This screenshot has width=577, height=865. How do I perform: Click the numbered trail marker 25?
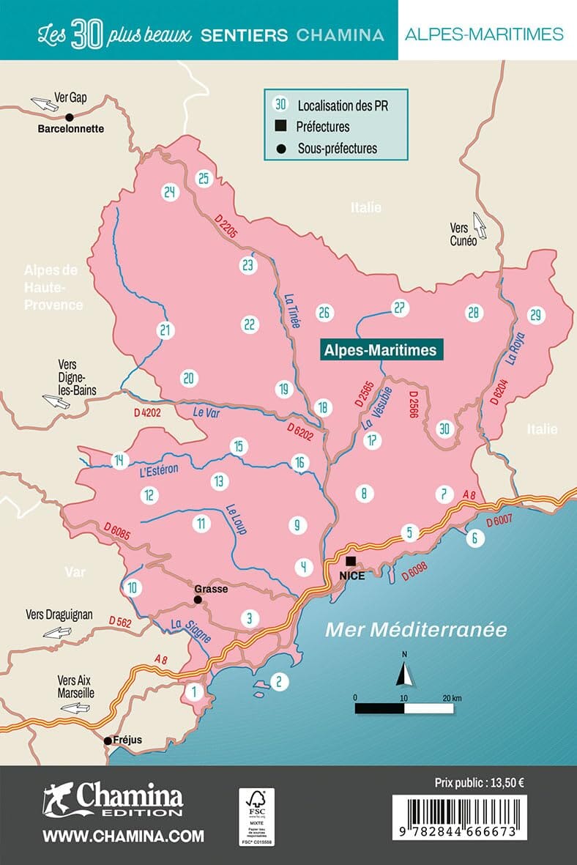coord(204,179)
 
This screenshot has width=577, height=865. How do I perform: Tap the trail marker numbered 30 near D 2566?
coord(443,428)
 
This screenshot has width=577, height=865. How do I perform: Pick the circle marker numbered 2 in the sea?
coord(278,682)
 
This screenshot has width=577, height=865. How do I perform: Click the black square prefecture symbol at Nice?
coord(351,562)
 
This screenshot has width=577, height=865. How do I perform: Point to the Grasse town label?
coord(211,588)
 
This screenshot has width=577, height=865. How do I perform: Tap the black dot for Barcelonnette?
coord(70,116)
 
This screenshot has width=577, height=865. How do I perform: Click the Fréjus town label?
coord(127,740)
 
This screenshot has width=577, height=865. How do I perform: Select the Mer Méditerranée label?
coord(416,629)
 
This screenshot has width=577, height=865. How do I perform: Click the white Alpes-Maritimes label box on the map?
coord(380,350)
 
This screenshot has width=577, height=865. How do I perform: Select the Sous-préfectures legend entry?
coord(337,148)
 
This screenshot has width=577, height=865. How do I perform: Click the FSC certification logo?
coord(256,817)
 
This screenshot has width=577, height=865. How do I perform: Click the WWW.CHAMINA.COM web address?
coord(123,836)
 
